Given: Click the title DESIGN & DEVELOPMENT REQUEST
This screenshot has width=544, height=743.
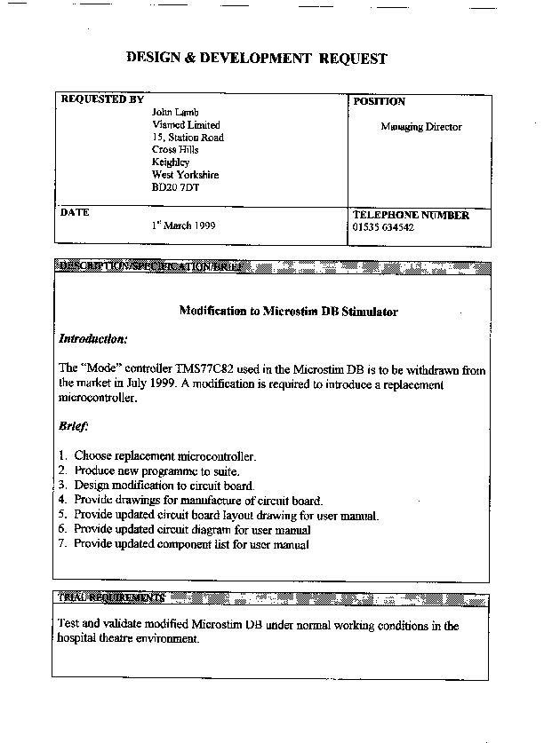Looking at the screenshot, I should coord(257,59).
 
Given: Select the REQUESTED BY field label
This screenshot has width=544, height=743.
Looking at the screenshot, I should coord(102,100).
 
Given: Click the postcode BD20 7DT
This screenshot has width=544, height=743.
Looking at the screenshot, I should coord(176,187).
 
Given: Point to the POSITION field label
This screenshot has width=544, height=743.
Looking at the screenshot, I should coord(379,102).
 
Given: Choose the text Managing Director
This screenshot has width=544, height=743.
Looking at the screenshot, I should coord(421,127).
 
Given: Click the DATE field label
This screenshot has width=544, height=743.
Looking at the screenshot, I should coord(75,213).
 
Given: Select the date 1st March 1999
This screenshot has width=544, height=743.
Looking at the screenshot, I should coord(183,225).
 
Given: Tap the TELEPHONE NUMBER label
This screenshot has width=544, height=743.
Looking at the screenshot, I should coord(411,216).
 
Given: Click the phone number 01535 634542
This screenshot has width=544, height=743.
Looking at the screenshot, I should coord(383,228).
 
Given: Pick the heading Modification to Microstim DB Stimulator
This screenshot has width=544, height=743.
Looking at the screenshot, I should coord(289,312).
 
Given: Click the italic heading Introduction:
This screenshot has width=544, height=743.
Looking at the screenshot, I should coord(93,339).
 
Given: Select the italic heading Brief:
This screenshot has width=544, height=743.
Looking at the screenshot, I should coord(75,426).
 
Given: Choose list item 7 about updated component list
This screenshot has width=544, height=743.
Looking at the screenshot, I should coord(191,544).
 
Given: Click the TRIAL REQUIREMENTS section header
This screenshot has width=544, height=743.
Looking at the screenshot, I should coord(111,597).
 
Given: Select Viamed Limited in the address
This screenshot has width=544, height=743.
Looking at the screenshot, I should coord(186,125).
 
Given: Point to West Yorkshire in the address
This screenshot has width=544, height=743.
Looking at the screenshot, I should coord(185,175).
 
